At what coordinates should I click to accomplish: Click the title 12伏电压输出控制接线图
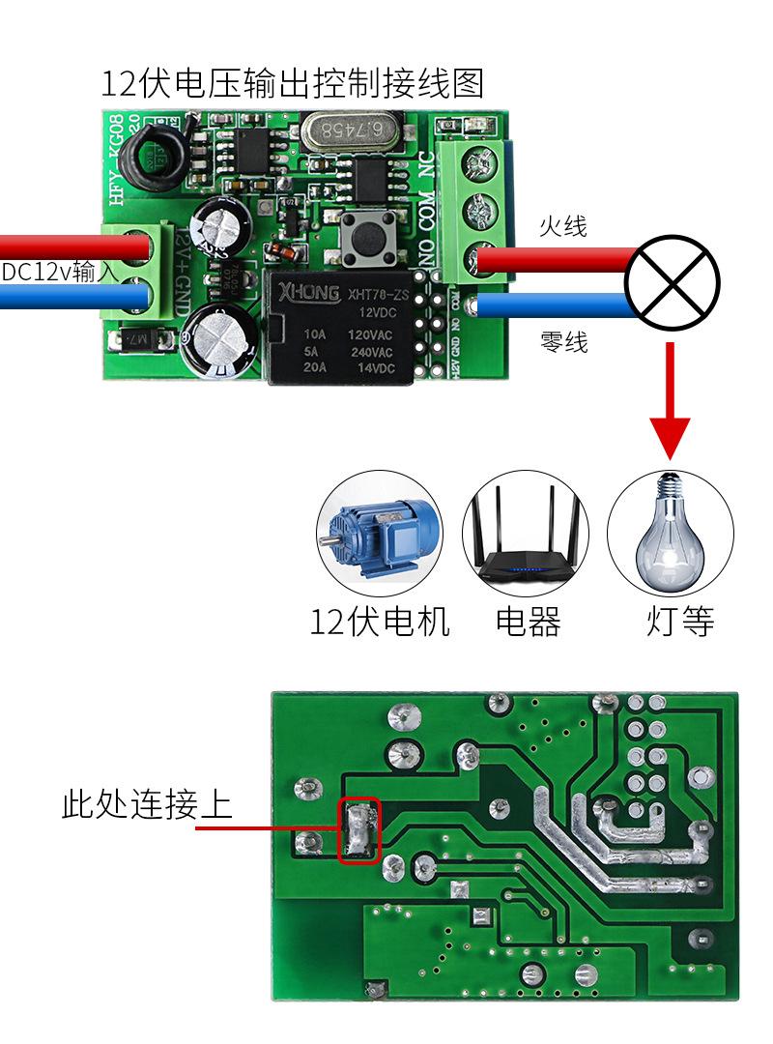click(292, 84)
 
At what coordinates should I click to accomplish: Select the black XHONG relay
click(338, 327)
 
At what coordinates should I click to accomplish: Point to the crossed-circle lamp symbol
click(672, 283)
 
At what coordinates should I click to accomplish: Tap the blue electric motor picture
click(379, 535)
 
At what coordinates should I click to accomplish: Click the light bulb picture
click(670, 535)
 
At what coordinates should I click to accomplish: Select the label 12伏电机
click(380, 622)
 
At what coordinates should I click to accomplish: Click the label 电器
click(528, 622)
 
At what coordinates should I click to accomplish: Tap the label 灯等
click(680, 622)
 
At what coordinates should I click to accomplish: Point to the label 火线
click(562, 227)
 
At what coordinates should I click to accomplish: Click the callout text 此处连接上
click(147, 803)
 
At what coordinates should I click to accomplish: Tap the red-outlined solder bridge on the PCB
click(358, 830)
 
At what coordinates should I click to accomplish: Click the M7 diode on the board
click(141, 339)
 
